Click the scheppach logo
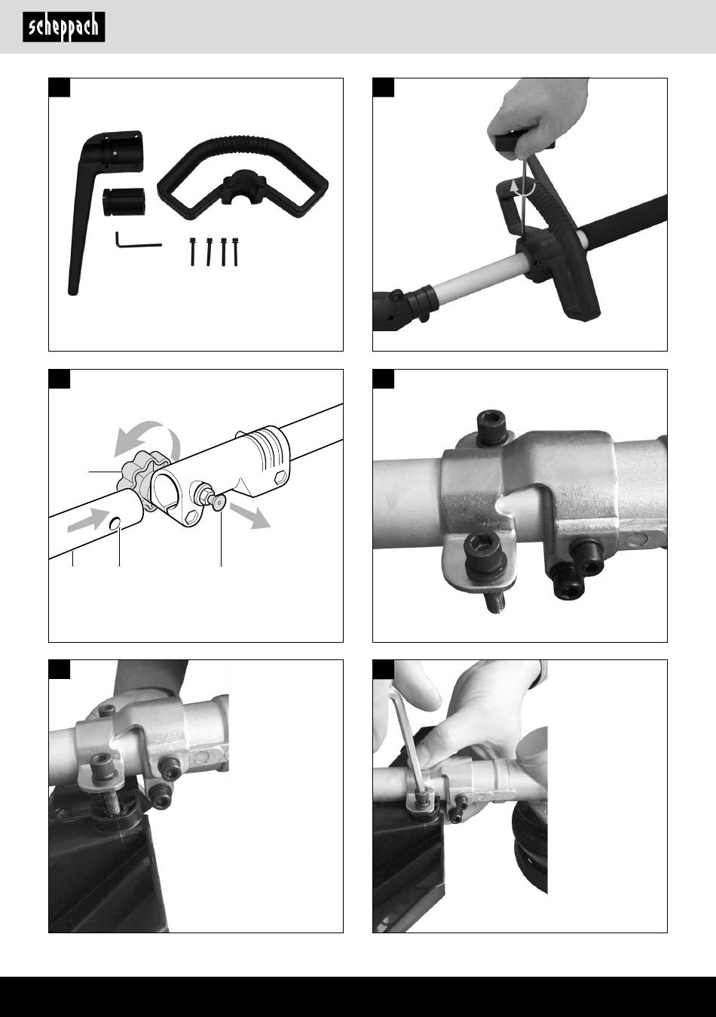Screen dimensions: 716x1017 pyautogui.click(x=64, y=27)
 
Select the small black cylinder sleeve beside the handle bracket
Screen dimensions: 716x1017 pyautogui.click(x=124, y=201)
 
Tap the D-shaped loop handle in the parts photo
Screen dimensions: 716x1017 pyautogui.click(x=243, y=178)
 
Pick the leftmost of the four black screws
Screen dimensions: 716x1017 pyautogui.click(x=192, y=252)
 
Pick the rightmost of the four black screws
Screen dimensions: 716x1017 pyautogui.click(x=235, y=252)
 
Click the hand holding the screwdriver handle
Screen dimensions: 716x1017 pyautogui.click(x=537, y=118)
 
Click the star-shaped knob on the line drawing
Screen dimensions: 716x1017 pyautogui.click(x=137, y=478)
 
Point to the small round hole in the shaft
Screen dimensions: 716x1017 pyautogui.click(x=115, y=524)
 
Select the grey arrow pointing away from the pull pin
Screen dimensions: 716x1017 pyautogui.click(x=250, y=516)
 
